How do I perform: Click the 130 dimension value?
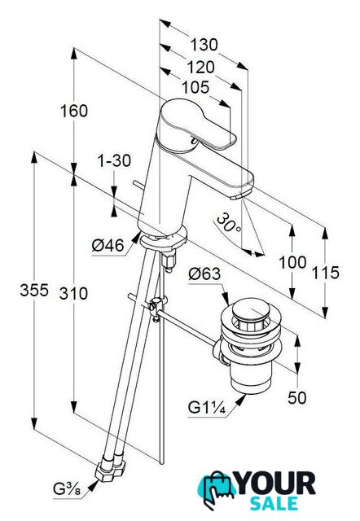click(x=204, y=45)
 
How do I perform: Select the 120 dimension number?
click(x=200, y=68)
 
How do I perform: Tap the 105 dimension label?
click(x=195, y=87)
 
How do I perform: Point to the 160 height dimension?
click(x=74, y=111)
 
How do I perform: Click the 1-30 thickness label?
click(x=114, y=161)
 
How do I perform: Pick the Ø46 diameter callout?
click(x=108, y=246)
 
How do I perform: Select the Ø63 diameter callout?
click(x=204, y=274)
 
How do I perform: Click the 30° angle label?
click(x=229, y=222)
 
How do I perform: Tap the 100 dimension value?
click(x=292, y=262)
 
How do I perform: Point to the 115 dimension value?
click(x=326, y=273)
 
